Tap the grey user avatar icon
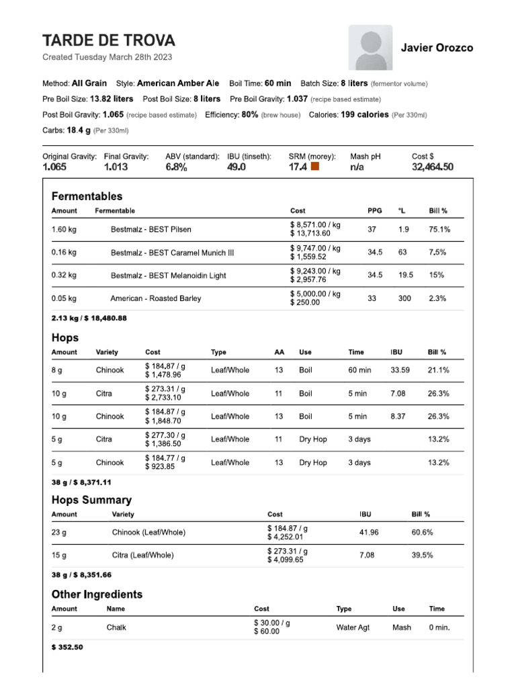tap(370, 48)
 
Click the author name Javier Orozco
tap(437, 48)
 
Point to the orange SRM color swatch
tap(315, 166)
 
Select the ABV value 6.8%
tap(176, 167)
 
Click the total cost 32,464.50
tap(432, 167)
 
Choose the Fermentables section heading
tap(87, 196)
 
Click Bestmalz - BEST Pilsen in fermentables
tap(150, 229)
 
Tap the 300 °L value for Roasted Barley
tap(404, 298)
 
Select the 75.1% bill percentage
tap(439, 229)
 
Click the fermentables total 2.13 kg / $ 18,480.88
tap(89, 318)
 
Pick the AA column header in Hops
tap(279, 352)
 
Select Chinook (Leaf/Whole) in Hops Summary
tap(148, 533)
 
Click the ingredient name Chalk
tap(116, 628)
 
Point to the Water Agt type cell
tap(353, 628)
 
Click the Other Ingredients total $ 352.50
tap(67, 648)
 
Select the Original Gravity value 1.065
tap(54, 167)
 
